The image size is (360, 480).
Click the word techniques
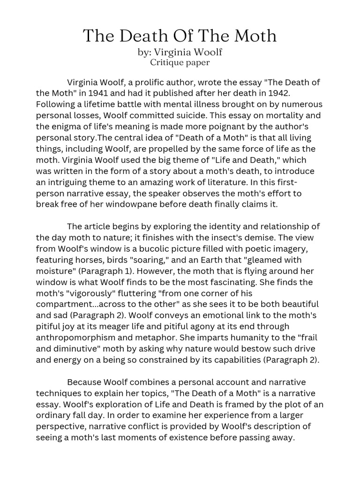coord(58,393)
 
